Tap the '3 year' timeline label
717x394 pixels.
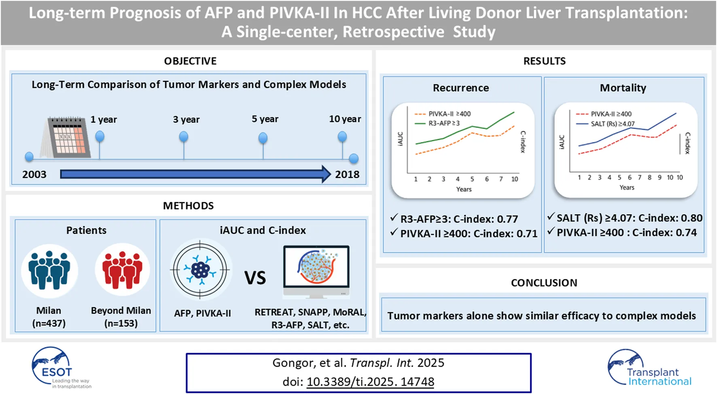point(186,119)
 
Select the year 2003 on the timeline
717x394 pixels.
point(34,174)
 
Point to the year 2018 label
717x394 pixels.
point(347,174)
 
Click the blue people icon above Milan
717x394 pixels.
point(49,270)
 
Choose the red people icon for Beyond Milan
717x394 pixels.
point(122,270)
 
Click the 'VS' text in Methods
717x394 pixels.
point(255,278)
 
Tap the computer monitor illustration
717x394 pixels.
point(316,271)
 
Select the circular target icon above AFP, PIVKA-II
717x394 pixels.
point(200,269)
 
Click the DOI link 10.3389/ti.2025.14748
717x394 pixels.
point(370,381)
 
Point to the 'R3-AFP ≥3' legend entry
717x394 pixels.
point(444,123)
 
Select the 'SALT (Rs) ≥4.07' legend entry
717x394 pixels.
point(613,124)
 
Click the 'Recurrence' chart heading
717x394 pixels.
point(461,88)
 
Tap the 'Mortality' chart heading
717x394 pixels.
point(623,88)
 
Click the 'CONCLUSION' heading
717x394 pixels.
point(544,283)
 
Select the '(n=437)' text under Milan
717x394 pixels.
point(49,323)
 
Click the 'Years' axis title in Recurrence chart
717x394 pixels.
point(464,189)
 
